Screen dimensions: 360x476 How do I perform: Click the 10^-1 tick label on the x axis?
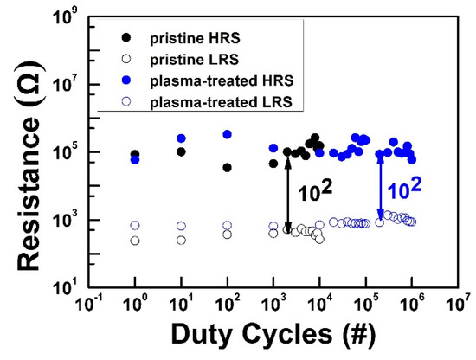[89, 305]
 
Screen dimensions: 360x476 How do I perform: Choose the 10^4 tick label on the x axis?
[319, 305]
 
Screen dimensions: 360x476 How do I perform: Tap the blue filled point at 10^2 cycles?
[227, 134]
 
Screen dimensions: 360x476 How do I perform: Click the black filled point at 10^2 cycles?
[227, 167]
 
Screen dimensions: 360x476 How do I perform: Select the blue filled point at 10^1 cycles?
[181, 138]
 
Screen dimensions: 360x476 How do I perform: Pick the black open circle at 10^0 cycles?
[135, 241]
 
